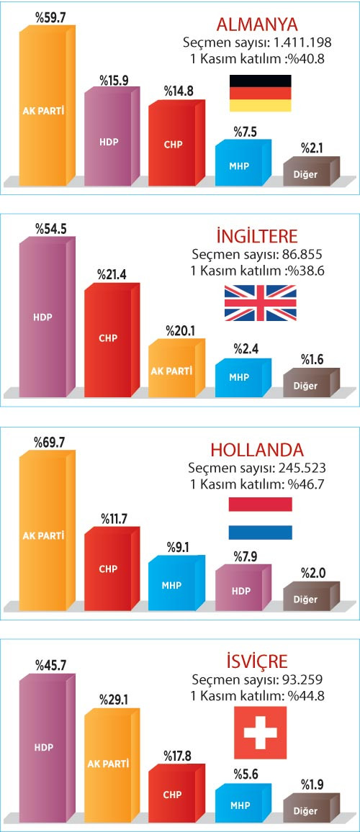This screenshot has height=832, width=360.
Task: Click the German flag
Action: point(260,93)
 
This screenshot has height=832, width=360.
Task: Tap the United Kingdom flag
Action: point(260,302)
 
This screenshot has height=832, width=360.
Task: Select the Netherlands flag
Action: point(260,518)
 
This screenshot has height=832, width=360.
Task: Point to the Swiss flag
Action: point(260,732)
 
